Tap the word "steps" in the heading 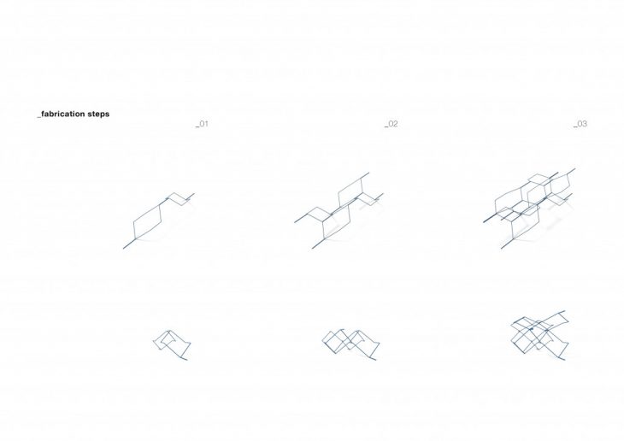coord(98,115)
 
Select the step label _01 coord(202,124)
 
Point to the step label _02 coord(391,124)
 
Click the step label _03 coord(580,124)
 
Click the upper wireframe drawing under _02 coord(339,210)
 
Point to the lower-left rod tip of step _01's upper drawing coord(123,249)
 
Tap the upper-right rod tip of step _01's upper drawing coord(194,194)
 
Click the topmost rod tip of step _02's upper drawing coord(369,173)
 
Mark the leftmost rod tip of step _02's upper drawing coord(295,222)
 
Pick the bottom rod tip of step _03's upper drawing coord(502,249)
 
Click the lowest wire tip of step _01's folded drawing coord(186,360)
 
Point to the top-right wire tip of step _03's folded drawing coord(564,310)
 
